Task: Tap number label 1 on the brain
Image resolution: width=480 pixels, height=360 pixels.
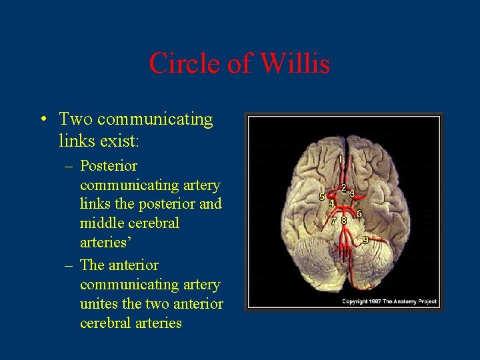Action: [x=341, y=160]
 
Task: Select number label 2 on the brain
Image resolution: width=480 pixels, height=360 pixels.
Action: [x=343, y=188]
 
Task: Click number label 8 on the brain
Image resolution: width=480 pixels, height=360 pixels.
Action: [x=343, y=221]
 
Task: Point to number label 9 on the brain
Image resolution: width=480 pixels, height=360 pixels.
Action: [x=365, y=239]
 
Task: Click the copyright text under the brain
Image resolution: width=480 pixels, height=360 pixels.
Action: [x=389, y=302]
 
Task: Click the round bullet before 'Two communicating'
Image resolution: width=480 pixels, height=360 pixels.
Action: [x=43, y=121]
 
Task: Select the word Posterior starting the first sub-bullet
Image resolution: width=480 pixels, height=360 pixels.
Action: [x=109, y=165]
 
